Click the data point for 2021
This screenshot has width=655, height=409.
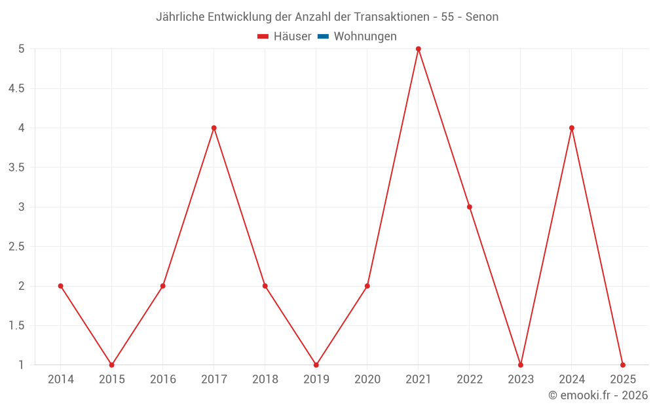(x=418, y=49)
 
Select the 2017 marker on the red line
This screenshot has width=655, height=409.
(x=214, y=128)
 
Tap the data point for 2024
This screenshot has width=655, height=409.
(x=572, y=128)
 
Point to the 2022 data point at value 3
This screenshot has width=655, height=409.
(x=469, y=207)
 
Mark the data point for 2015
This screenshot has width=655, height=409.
(x=111, y=365)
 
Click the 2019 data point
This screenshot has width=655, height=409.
(x=316, y=365)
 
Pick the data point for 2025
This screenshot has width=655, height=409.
(x=622, y=365)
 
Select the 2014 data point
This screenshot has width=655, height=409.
(x=60, y=286)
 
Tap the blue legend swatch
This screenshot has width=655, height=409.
(x=323, y=37)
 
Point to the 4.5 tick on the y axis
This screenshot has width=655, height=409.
(x=16, y=88)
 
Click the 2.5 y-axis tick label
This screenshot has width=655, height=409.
(x=16, y=247)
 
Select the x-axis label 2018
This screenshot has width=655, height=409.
(x=265, y=380)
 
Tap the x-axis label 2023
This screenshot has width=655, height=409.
(x=520, y=380)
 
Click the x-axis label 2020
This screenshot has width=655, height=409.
(x=367, y=380)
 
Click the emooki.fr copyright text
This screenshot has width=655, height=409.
(x=598, y=395)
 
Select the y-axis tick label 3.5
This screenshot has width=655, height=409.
(x=16, y=168)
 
